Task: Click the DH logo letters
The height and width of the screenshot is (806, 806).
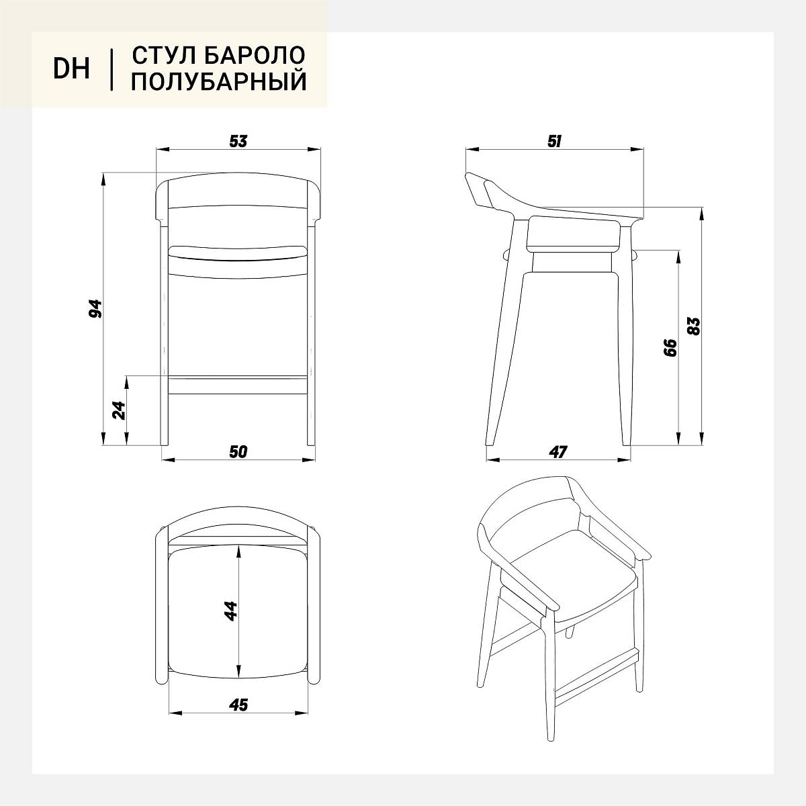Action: click(71, 69)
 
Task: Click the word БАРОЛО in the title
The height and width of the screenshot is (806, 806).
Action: click(255, 55)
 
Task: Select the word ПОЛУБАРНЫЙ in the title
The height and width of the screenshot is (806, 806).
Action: click(219, 81)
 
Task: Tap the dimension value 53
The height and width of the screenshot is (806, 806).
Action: click(238, 141)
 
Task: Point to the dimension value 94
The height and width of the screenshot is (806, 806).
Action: click(96, 308)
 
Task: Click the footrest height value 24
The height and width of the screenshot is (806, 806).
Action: click(119, 410)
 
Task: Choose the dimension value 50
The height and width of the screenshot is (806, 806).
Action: click(238, 451)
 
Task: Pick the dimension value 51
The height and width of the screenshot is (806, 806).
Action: click(554, 141)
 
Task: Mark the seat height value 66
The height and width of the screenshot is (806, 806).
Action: click(670, 347)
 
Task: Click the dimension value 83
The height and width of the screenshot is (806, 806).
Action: click(693, 326)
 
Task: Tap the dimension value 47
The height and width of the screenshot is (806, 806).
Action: click(557, 452)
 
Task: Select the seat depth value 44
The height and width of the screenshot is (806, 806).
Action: click(230, 611)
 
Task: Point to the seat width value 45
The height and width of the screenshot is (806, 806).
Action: click(238, 705)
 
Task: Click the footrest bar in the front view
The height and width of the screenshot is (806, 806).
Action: click(238, 385)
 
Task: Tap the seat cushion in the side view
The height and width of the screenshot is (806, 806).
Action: click(574, 233)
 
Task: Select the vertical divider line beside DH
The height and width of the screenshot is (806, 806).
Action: click(111, 70)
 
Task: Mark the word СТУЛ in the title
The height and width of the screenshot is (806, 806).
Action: click(165, 55)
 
